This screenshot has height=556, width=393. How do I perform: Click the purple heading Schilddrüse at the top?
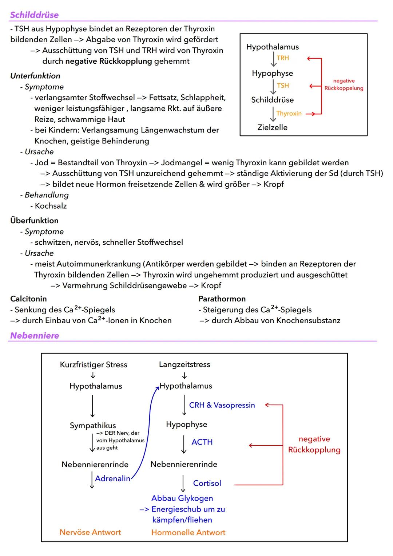[x=34, y=15]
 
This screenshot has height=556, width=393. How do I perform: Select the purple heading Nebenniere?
[x=35, y=335]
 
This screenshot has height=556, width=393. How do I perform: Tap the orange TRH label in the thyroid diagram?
[x=283, y=58]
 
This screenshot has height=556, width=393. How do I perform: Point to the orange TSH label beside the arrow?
[x=283, y=86]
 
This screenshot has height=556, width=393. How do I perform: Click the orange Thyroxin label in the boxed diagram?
[x=289, y=114]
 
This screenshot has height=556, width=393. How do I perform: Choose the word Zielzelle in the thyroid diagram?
[x=272, y=127]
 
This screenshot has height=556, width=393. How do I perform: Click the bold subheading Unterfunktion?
[x=35, y=76]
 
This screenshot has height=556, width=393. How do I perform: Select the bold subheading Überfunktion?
[x=34, y=221]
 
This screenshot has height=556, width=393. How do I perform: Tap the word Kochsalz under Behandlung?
[x=51, y=206]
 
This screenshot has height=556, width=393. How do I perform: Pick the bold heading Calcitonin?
[x=28, y=299]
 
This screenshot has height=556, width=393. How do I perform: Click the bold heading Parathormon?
[x=222, y=299]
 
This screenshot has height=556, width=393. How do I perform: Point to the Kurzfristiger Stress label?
[x=94, y=365]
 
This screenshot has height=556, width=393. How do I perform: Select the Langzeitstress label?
[x=184, y=364]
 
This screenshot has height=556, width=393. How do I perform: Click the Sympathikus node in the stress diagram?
[x=93, y=425]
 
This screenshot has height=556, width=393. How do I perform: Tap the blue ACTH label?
[x=202, y=442]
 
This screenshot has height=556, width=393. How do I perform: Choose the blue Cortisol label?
[x=207, y=483]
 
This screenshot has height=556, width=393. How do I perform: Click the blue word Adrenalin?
[x=112, y=478]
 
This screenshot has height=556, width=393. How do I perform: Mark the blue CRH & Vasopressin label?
[x=222, y=405]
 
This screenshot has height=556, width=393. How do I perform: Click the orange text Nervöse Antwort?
[x=90, y=532]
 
